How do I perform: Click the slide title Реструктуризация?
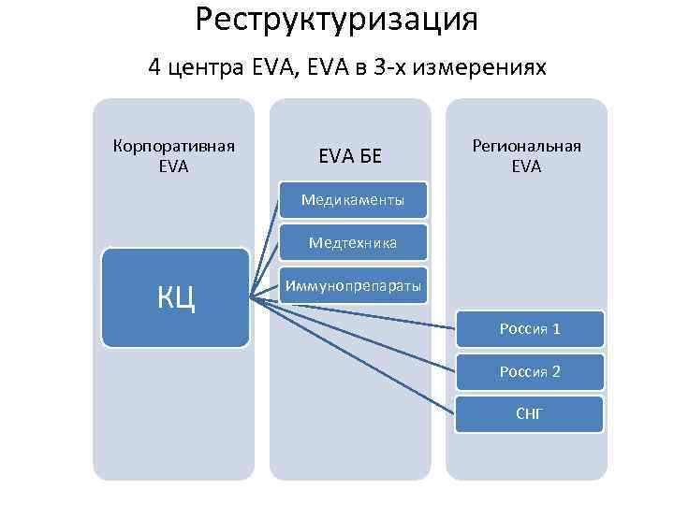tap(337, 19)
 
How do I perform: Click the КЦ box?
tap(176, 297)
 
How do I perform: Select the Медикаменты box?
tap(353, 199)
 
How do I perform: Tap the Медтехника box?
tap(353, 242)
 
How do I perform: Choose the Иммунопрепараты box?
tap(353, 284)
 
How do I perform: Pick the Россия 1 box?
tap(530, 329)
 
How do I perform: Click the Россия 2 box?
tap(530, 371)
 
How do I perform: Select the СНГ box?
tap(530, 412)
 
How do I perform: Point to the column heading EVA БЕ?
tap(350, 155)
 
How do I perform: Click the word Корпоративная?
tap(173, 146)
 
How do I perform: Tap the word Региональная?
tap(526, 146)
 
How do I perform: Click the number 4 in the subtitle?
tap(154, 68)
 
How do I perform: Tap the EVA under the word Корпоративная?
tap(173, 166)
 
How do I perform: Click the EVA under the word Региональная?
tap(526, 166)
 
